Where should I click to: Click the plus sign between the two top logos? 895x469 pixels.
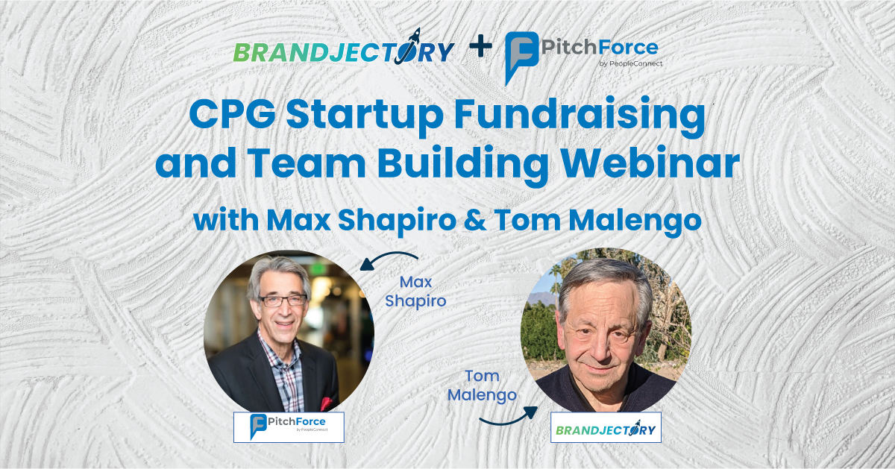[481, 48]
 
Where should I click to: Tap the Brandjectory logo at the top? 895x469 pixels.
[344, 51]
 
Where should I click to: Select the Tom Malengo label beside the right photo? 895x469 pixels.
[482, 385]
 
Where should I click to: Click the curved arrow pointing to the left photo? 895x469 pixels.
[384, 259]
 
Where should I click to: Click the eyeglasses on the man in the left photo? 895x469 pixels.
[283, 300]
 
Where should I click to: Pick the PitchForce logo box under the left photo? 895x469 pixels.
[289, 427]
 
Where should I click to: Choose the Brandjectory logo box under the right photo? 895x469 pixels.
[605, 429]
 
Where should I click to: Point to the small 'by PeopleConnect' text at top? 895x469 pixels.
[630, 63]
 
